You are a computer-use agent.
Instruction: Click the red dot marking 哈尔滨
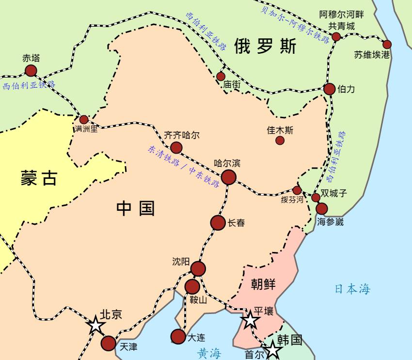[228, 177]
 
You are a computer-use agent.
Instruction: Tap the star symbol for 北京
[96, 326]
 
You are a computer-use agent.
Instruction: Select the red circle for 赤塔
[31, 71]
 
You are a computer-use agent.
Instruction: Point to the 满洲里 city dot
[84, 119]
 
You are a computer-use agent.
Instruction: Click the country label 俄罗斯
[265, 47]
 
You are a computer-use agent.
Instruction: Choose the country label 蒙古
[39, 178]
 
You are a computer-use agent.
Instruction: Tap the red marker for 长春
[218, 223]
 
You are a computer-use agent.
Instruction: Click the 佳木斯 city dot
[280, 141]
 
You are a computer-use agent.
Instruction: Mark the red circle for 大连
[178, 336]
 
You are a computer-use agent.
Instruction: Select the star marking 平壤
[250, 320]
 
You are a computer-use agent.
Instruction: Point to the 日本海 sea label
[352, 289]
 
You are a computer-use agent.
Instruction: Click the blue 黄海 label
[209, 353]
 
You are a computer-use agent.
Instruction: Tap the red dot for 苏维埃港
[387, 45]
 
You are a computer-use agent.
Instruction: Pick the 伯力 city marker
[330, 89]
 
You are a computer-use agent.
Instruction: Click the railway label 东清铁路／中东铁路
[183, 167]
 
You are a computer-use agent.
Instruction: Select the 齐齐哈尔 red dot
[176, 147]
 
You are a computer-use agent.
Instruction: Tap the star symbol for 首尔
[273, 350]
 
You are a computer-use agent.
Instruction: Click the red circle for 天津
[108, 343]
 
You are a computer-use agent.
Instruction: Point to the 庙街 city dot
[221, 76]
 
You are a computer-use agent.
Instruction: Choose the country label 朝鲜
[263, 284]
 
